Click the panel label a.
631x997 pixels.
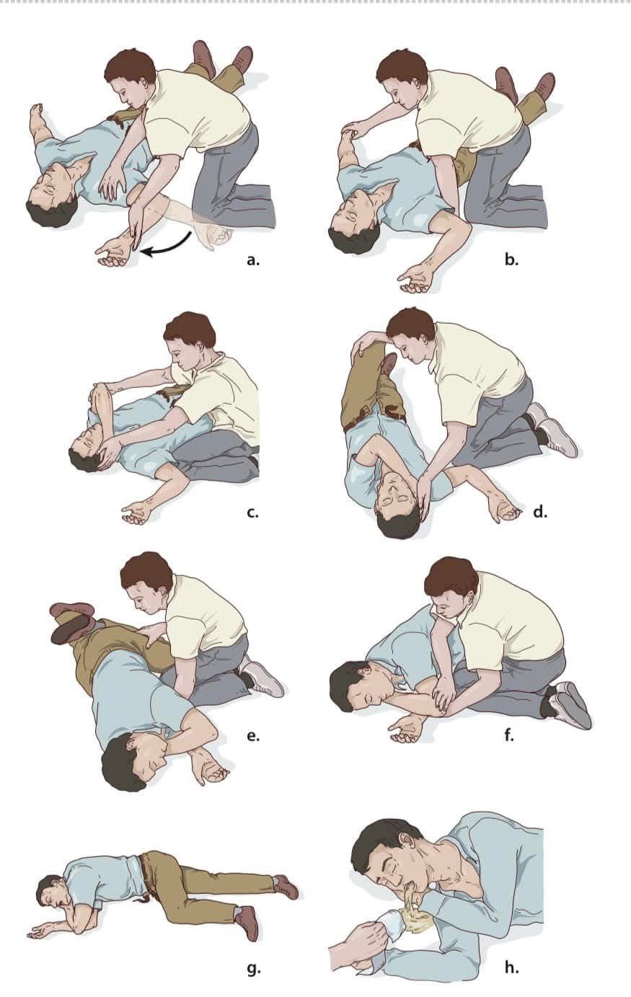pyautogui.click(x=253, y=260)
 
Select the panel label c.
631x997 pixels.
pyautogui.click(x=252, y=513)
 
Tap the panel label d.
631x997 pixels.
pyautogui.click(x=539, y=512)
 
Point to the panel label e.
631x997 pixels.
pyautogui.click(x=253, y=736)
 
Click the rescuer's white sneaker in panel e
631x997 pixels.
pyautogui.click(x=265, y=680)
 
